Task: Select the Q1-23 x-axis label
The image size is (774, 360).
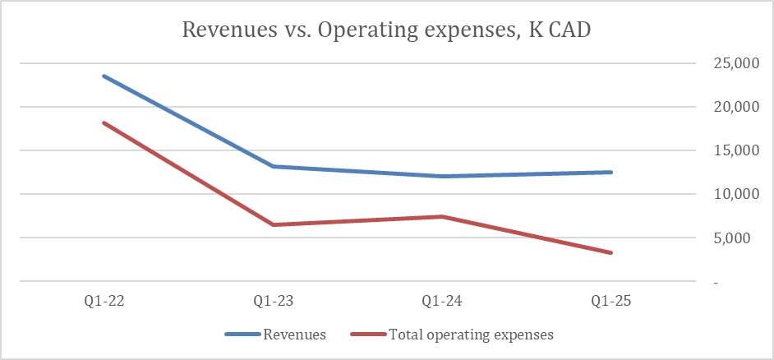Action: pos(274,301)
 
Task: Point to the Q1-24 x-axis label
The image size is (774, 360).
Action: pos(443,301)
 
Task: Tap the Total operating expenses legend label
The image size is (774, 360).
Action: pos(471,335)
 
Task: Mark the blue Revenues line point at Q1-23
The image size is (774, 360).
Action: pos(274,166)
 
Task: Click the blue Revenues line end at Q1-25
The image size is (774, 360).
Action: pos(611,172)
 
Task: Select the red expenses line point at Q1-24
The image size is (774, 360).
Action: pos(443,216)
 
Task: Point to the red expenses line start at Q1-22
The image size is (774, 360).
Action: pos(104,122)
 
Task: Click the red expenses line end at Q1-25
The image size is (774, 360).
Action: pos(611,252)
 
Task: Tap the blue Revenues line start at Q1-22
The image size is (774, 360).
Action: pos(104,76)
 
